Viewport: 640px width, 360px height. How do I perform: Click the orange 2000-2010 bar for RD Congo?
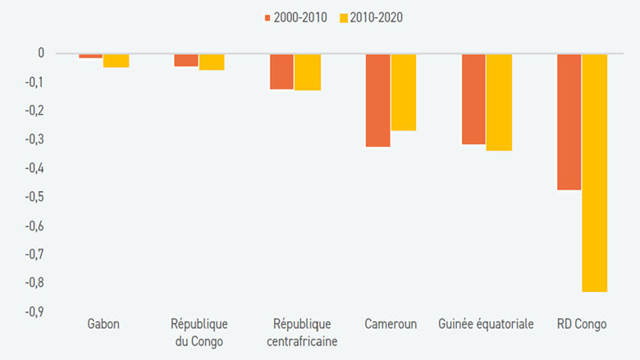(569, 121)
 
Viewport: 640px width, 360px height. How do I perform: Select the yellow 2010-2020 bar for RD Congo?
(594, 172)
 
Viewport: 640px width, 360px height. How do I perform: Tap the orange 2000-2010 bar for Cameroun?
(378, 100)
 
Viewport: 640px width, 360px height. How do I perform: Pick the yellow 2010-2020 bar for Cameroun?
(403, 92)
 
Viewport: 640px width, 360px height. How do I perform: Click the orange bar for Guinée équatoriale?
(473, 99)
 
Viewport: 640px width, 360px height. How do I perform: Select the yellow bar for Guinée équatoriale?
(499, 103)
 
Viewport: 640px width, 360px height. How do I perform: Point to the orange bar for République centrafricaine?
(282, 71)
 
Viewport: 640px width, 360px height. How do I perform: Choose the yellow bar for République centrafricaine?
(308, 72)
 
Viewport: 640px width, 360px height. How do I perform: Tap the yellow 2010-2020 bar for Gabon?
(116, 61)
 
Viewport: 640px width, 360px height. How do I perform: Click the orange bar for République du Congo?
(186, 60)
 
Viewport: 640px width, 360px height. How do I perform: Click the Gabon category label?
(103, 324)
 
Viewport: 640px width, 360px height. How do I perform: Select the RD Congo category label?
(581, 324)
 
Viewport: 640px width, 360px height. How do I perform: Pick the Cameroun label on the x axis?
(391, 324)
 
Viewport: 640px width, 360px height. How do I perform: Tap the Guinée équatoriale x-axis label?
(486, 324)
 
